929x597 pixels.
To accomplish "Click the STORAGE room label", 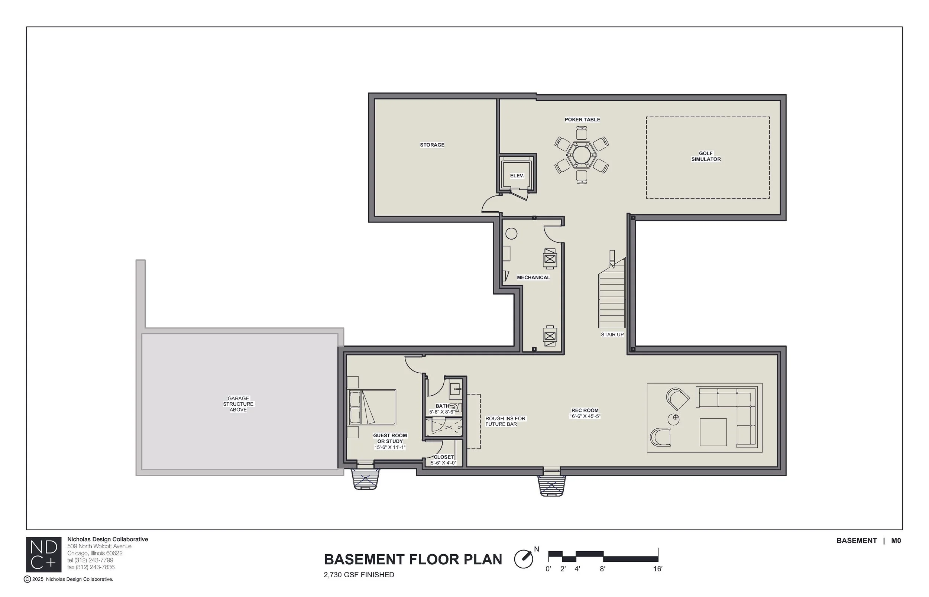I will [432, 145].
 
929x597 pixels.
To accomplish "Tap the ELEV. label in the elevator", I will [517, 176].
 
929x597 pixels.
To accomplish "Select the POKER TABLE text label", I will [582, 119].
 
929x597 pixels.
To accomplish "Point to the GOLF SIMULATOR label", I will [706, 156].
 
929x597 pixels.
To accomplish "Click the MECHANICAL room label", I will [533, 278].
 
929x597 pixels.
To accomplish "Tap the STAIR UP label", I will [612, 335].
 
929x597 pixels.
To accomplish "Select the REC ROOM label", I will [585, 411].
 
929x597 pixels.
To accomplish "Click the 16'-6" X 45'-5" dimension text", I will [585, 416].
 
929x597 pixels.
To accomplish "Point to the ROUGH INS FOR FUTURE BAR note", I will [505, 421].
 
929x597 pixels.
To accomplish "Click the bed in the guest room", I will [372, 407].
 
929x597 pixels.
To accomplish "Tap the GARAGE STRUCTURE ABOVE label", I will [238, 404].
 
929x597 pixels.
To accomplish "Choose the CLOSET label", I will [444, 457].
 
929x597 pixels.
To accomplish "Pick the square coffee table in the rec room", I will [713, 432].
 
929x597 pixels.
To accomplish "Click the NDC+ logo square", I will [43, 554].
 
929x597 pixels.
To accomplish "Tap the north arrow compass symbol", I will [524, 559].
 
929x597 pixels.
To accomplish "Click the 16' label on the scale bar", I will [658, 569].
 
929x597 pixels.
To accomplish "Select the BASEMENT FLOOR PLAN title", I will [412, 559].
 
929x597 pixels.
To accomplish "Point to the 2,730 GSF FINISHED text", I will [359, 575].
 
